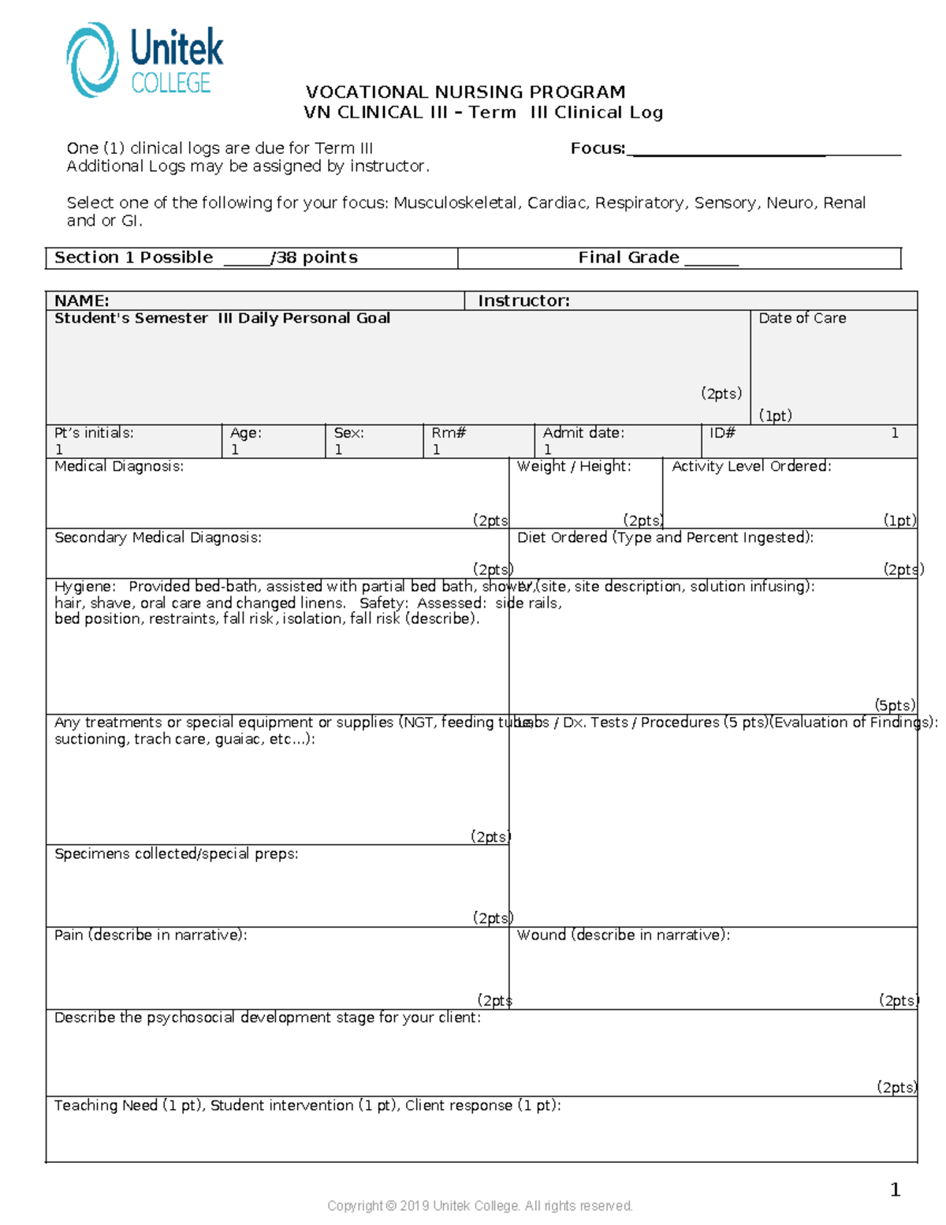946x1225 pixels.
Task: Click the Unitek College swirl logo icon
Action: coord(92,60)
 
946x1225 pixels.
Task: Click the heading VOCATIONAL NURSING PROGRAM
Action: coord(465,92)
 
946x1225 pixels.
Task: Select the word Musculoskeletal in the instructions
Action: coord(456,203)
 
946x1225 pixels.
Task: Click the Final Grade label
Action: coord(628,258)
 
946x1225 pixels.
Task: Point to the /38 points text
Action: coord(314,258)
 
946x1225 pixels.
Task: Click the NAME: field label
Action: coord(81,301)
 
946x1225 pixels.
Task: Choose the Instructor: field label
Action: coord(523,301)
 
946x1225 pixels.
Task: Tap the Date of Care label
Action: coord(802,318)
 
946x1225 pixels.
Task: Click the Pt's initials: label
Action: coord(94,433)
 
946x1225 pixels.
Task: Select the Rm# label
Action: coord(449,433)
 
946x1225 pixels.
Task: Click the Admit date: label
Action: coord(583,433)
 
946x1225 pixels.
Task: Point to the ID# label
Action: coord(722,433)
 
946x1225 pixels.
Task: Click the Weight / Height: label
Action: coord(574,466)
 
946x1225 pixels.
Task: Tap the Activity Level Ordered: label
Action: coord(751,466)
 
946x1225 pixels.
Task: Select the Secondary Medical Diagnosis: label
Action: coord(158,537)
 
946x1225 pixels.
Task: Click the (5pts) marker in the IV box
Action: coord(895,705)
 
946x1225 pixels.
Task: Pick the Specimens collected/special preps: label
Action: coord(176,853)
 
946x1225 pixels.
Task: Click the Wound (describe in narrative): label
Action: coord(623,935)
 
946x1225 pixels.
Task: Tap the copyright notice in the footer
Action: coord(479,1205)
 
